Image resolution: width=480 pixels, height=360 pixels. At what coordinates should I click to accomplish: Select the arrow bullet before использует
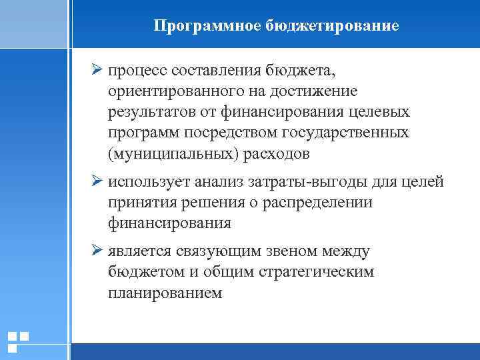pyautogui.click(x=97, y=182)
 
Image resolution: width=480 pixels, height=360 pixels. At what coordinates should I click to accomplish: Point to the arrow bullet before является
pyautogui.click(x=97, y=251)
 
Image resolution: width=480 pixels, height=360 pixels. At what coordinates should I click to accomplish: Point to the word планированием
pyautogui.click(x=165, y=293)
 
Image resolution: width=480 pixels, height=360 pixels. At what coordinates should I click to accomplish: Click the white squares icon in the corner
pyautogui.click(x=18, y=341)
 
